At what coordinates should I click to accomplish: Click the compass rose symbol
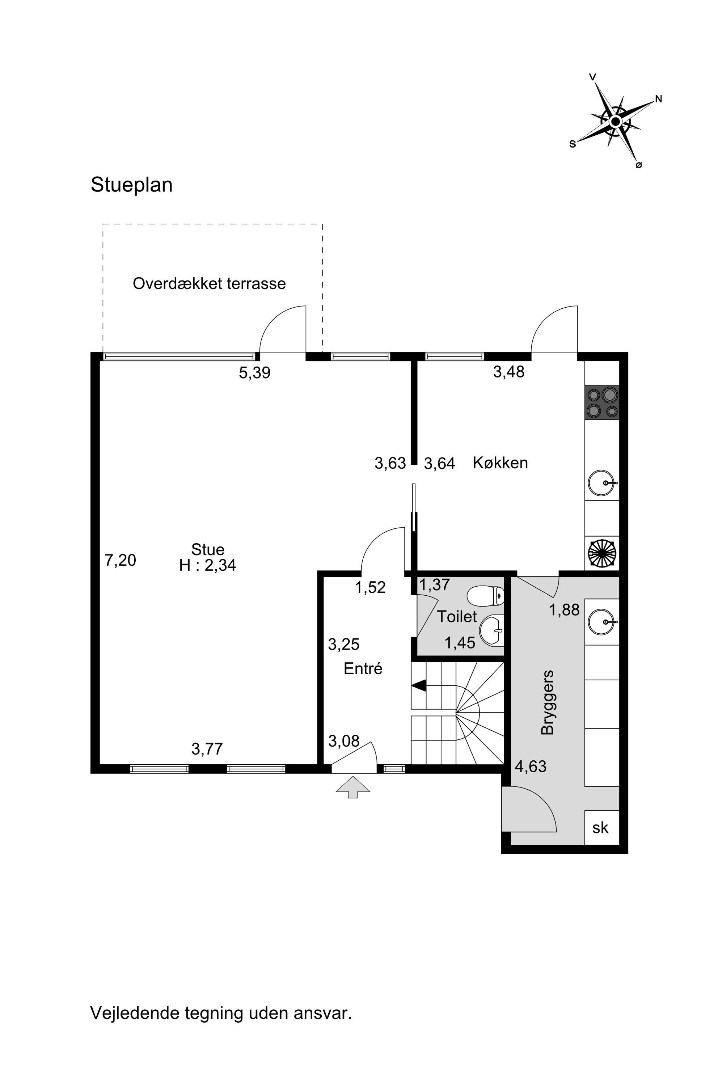click(616, 121)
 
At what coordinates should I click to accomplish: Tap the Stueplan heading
click(131, 185)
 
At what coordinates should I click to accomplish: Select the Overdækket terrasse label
click(209, 283)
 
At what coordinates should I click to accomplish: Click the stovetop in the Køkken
click(602, 403)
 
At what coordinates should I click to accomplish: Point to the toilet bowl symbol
click(485, 596)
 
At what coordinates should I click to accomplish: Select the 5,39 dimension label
click(255, 373)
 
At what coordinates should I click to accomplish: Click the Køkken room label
click(500, 463)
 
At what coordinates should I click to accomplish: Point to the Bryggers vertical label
click(548, 702)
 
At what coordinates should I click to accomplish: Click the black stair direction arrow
click(419, 685)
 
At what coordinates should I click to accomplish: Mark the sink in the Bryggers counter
click(602, 622)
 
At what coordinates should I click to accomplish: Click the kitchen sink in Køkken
click(602, 483)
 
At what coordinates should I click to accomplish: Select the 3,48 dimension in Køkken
click(509, 372)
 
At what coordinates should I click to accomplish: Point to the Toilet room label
click(457, 616)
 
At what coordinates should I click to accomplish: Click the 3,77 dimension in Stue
click(207, 749)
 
